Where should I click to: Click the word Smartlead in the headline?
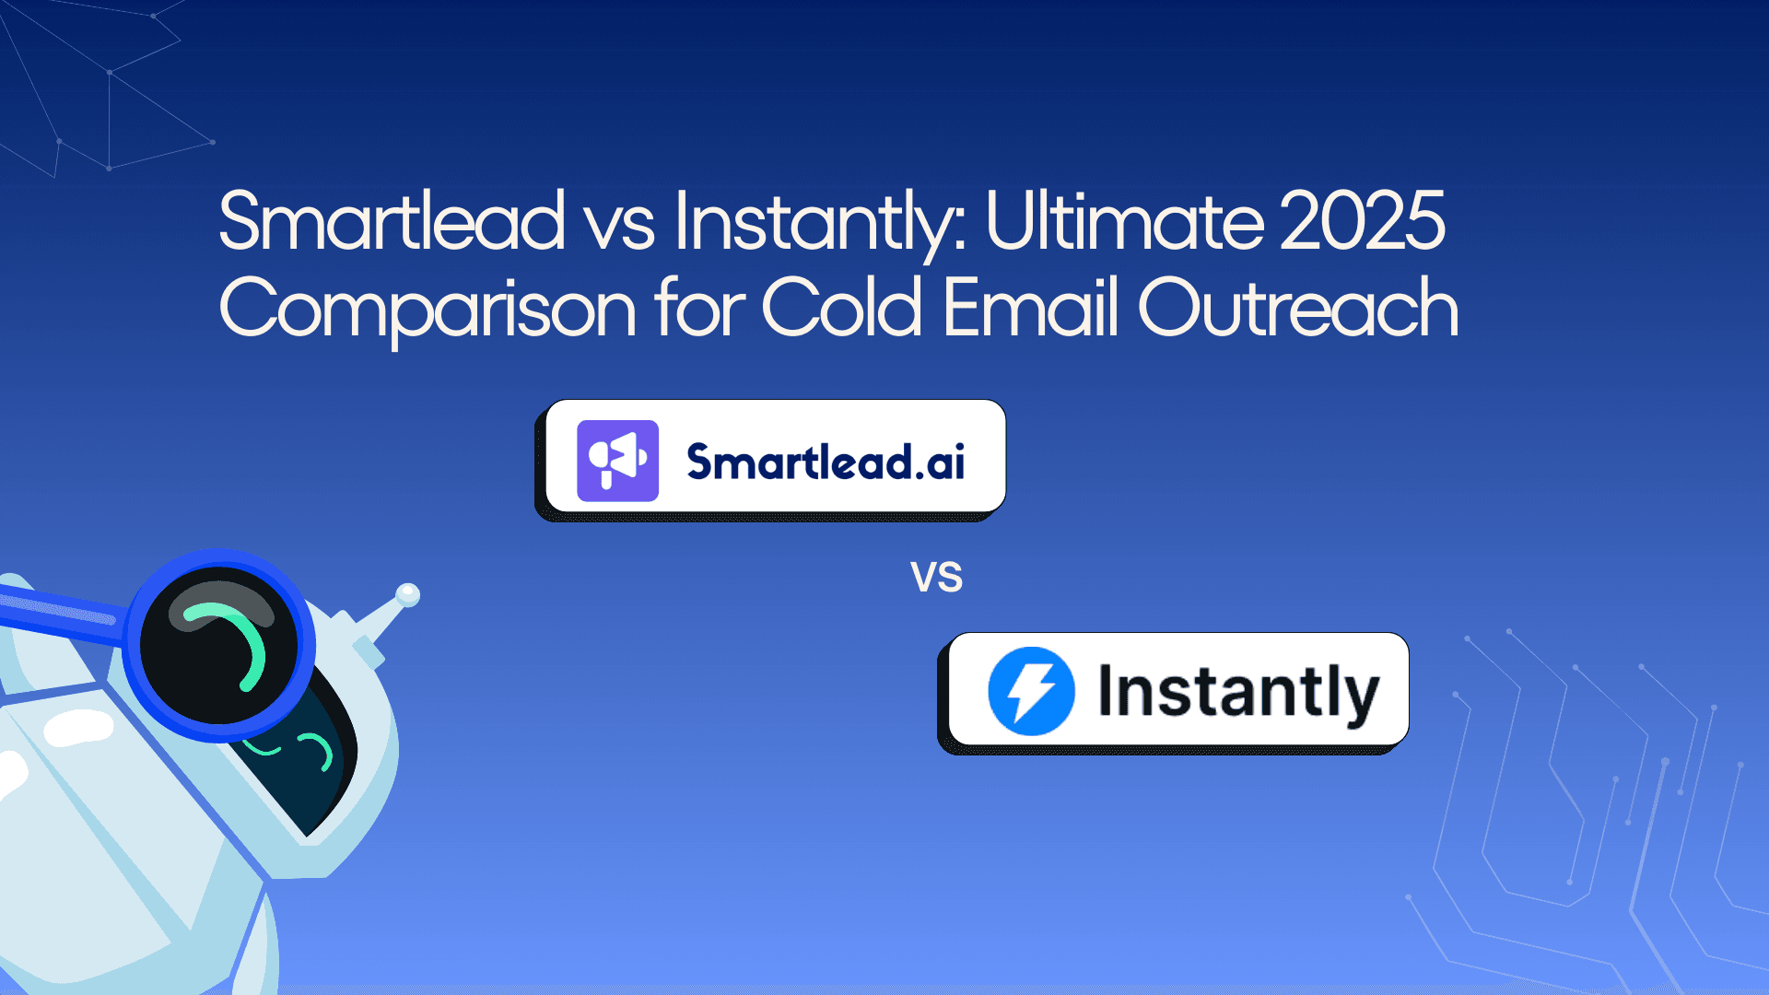tap(392, 221)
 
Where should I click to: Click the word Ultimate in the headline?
tap(1124, 221)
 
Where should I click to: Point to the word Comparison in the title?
tap(428, 309)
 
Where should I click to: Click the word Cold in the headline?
tap(841, 309)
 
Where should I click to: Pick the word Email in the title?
tap(1031, 309)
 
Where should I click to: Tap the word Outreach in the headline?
tap(1298, 309)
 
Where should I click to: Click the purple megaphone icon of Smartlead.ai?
tap(617, 461)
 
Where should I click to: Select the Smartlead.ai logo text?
tap(826, 462)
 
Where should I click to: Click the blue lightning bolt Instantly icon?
tap(1031, 691)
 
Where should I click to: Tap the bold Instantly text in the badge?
tap(1238, 692)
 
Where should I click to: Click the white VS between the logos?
tap(936, 578)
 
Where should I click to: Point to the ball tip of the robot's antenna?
tap(407, 595)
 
